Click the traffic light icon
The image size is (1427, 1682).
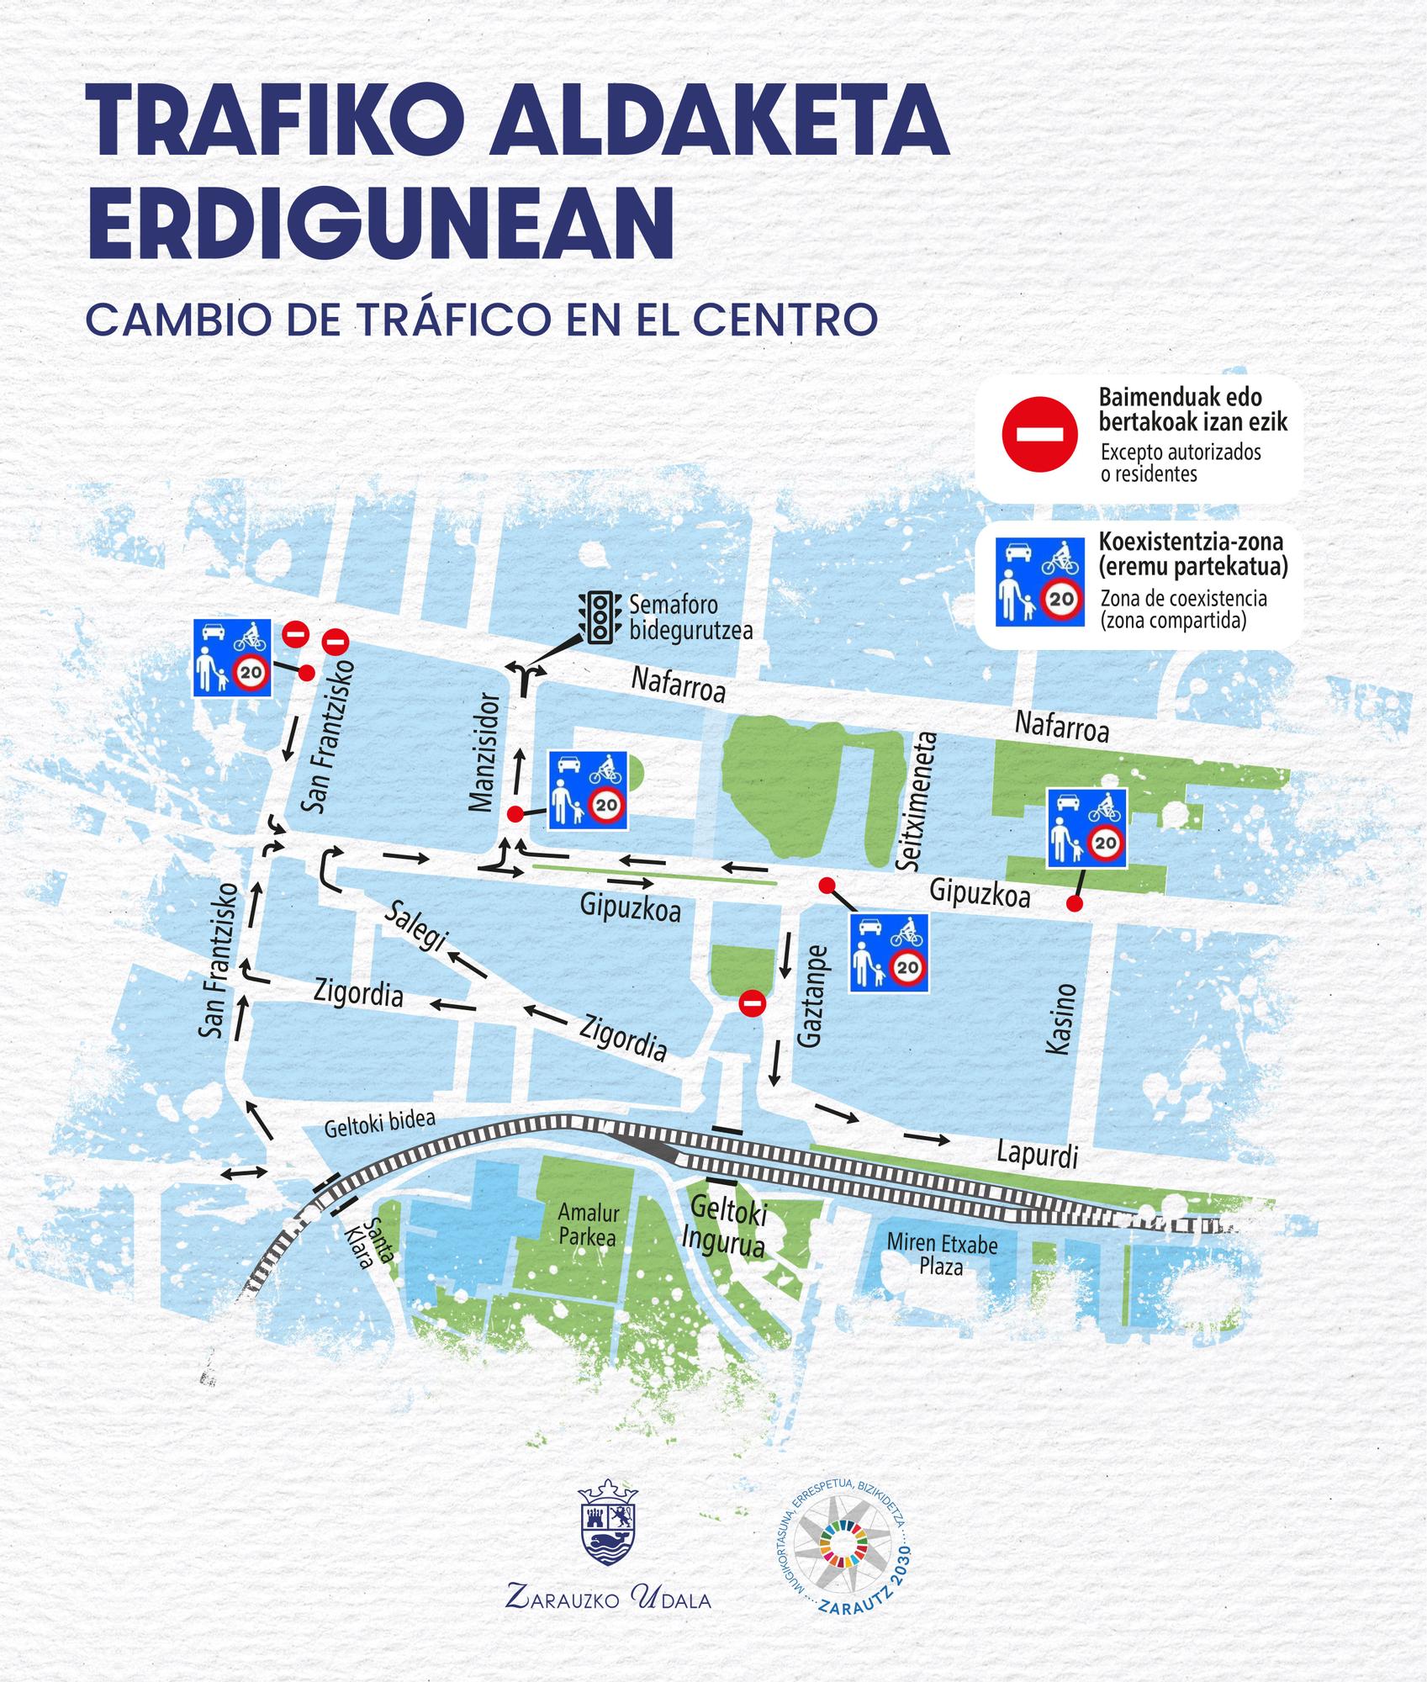[598, 618]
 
